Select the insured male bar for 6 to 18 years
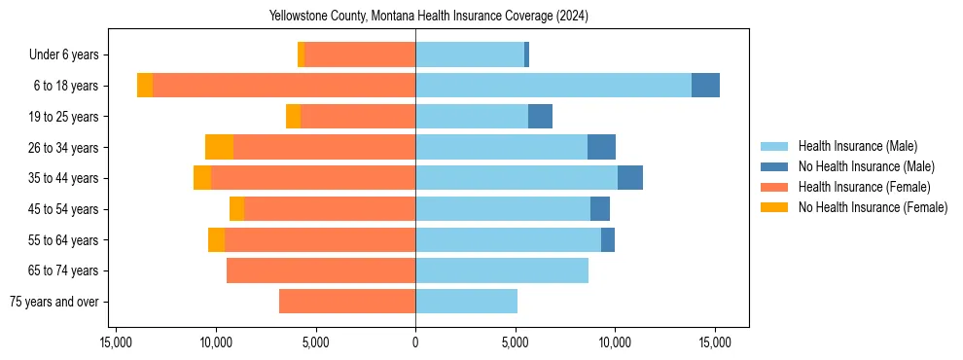[553, 86]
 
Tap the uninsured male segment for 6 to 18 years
[705, 86]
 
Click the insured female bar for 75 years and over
[347, 302]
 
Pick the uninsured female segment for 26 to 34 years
[219, 147]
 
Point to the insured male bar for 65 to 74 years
[502, 270]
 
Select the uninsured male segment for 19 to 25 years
[540, 117]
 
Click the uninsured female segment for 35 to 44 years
[202, 178]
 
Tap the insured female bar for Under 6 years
[360, 54]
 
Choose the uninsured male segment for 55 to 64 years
[608, 239]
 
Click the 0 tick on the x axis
[415, 342]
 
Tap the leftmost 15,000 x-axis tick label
[116, 342]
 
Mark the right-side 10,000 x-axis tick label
[615, 342]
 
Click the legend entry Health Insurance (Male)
[857, 146]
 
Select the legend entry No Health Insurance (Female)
[873, 207]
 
